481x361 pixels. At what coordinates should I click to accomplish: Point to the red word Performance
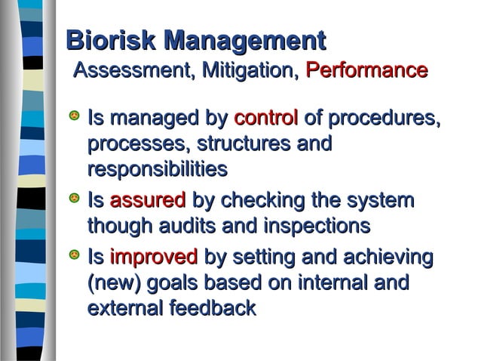(366, 72)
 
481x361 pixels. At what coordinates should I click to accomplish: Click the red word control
(266, 119)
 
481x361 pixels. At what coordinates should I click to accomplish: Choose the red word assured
(148, 201)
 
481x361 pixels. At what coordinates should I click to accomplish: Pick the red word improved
(154, 258)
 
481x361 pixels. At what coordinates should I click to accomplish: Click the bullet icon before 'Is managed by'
(74, 118)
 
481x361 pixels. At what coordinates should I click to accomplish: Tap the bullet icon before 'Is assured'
(74, 200)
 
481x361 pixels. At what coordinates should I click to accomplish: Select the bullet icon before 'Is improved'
(74, 258)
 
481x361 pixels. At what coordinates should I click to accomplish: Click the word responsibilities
(157, 169)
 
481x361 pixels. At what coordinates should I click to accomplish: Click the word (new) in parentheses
(114, 284)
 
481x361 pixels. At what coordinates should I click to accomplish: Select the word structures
(249, 143)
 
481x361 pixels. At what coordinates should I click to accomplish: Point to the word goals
(176, 284)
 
